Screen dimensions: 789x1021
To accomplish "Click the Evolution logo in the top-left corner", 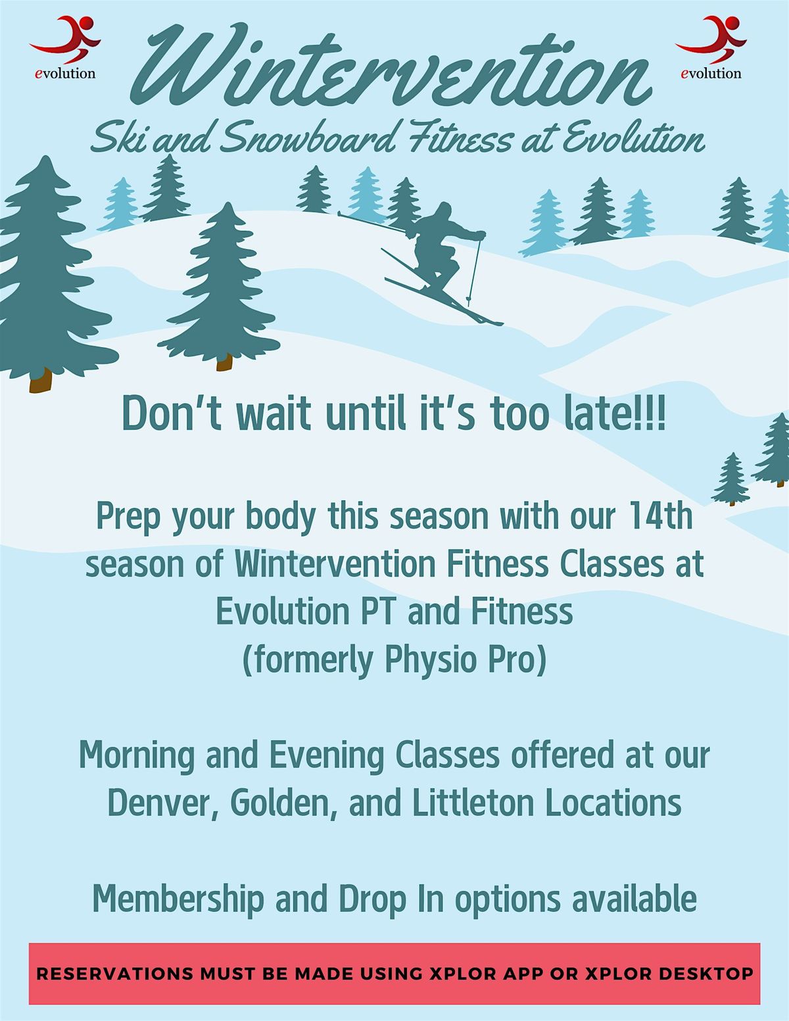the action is point(65,47).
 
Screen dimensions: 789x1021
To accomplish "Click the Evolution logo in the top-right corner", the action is point(711,47).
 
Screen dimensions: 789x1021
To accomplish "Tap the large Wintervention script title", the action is point(391,66).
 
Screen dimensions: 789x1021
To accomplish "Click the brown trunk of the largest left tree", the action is point(40,380).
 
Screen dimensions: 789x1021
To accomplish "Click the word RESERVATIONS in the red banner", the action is point(114,974).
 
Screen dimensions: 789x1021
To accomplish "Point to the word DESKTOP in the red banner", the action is point(705,974).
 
